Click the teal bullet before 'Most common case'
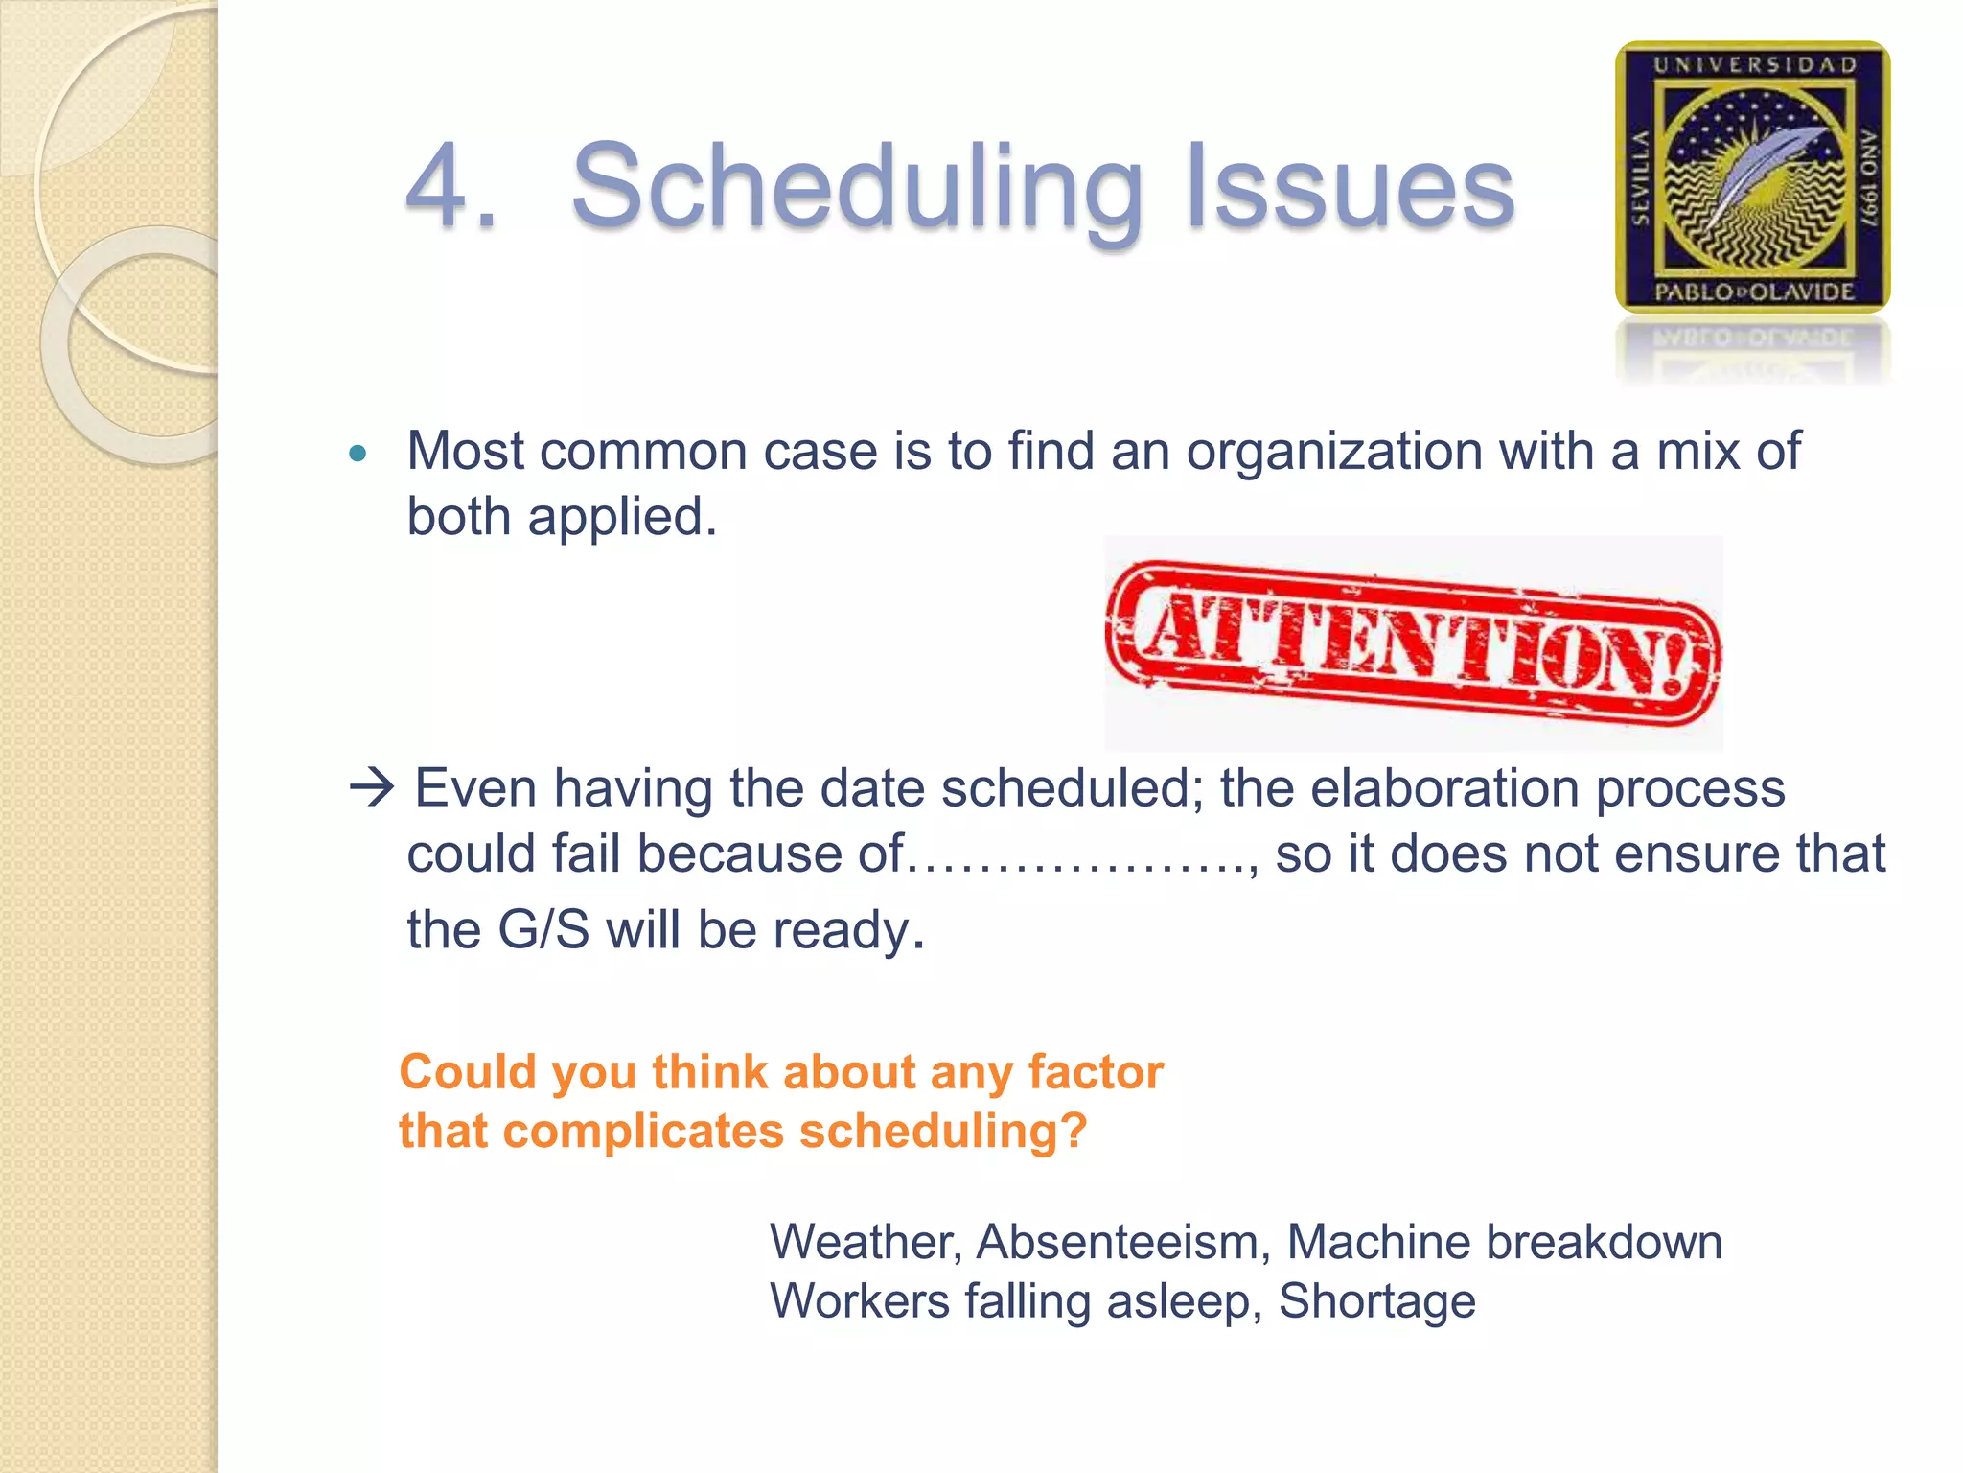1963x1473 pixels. [358, 454]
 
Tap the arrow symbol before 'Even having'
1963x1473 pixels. [372, 787]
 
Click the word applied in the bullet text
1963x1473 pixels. [622, 518]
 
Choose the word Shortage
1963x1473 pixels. [1376, 1301]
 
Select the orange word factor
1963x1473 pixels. [1096, 1072]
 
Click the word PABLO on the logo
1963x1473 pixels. [1694, 292]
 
